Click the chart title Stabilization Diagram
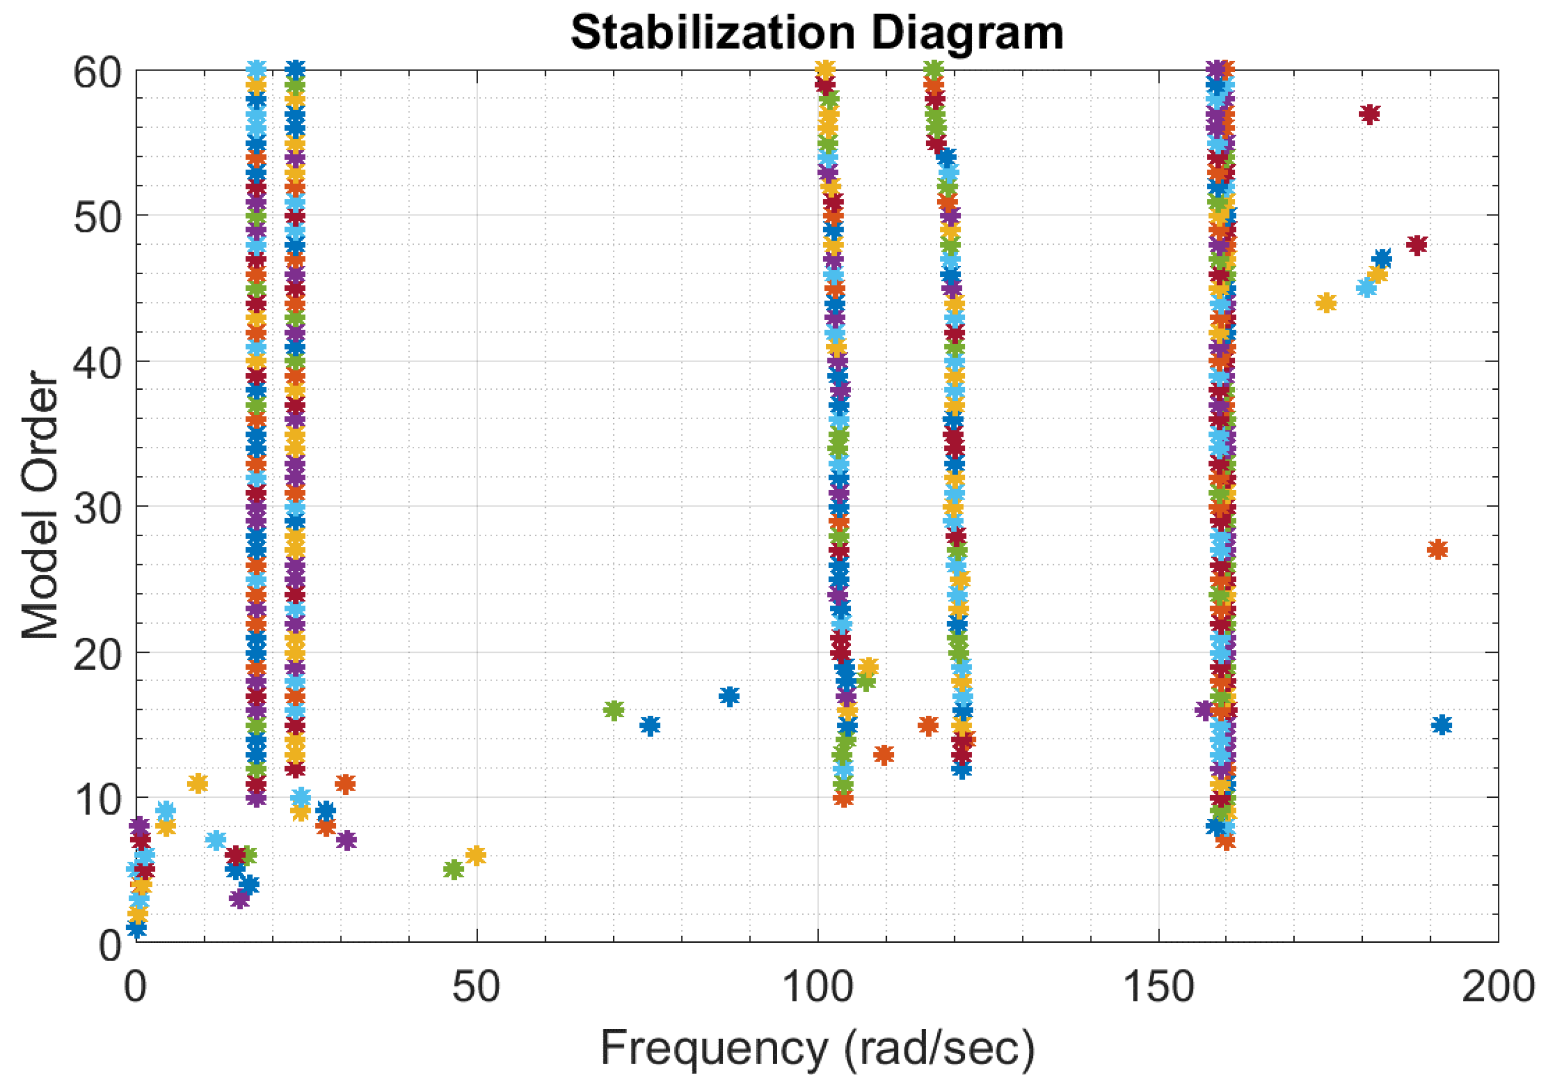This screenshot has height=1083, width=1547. [x=816, y=32]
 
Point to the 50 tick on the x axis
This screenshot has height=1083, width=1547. [x=476, y=988]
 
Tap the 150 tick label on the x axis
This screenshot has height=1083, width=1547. [x=1157, y=988]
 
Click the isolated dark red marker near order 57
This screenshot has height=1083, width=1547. [x=1369, y=114]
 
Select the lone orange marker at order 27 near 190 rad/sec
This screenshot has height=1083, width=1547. [x=1437, y=549]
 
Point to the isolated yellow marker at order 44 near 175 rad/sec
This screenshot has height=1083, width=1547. [x=1325, y=303]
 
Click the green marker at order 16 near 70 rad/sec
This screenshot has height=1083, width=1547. [x=613, y=710]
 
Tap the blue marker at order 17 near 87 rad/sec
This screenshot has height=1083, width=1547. [x=729, y=695]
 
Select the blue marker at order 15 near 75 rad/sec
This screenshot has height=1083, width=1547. [x=650, y=725]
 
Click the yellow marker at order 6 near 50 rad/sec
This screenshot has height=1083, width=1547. [x=476, y=856]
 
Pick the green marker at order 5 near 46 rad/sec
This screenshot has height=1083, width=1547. [x=453, y=870]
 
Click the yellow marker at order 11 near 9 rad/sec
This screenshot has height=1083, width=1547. [x=197, y=783]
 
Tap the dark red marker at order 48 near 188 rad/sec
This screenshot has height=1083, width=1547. [x=1417, y=245]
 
